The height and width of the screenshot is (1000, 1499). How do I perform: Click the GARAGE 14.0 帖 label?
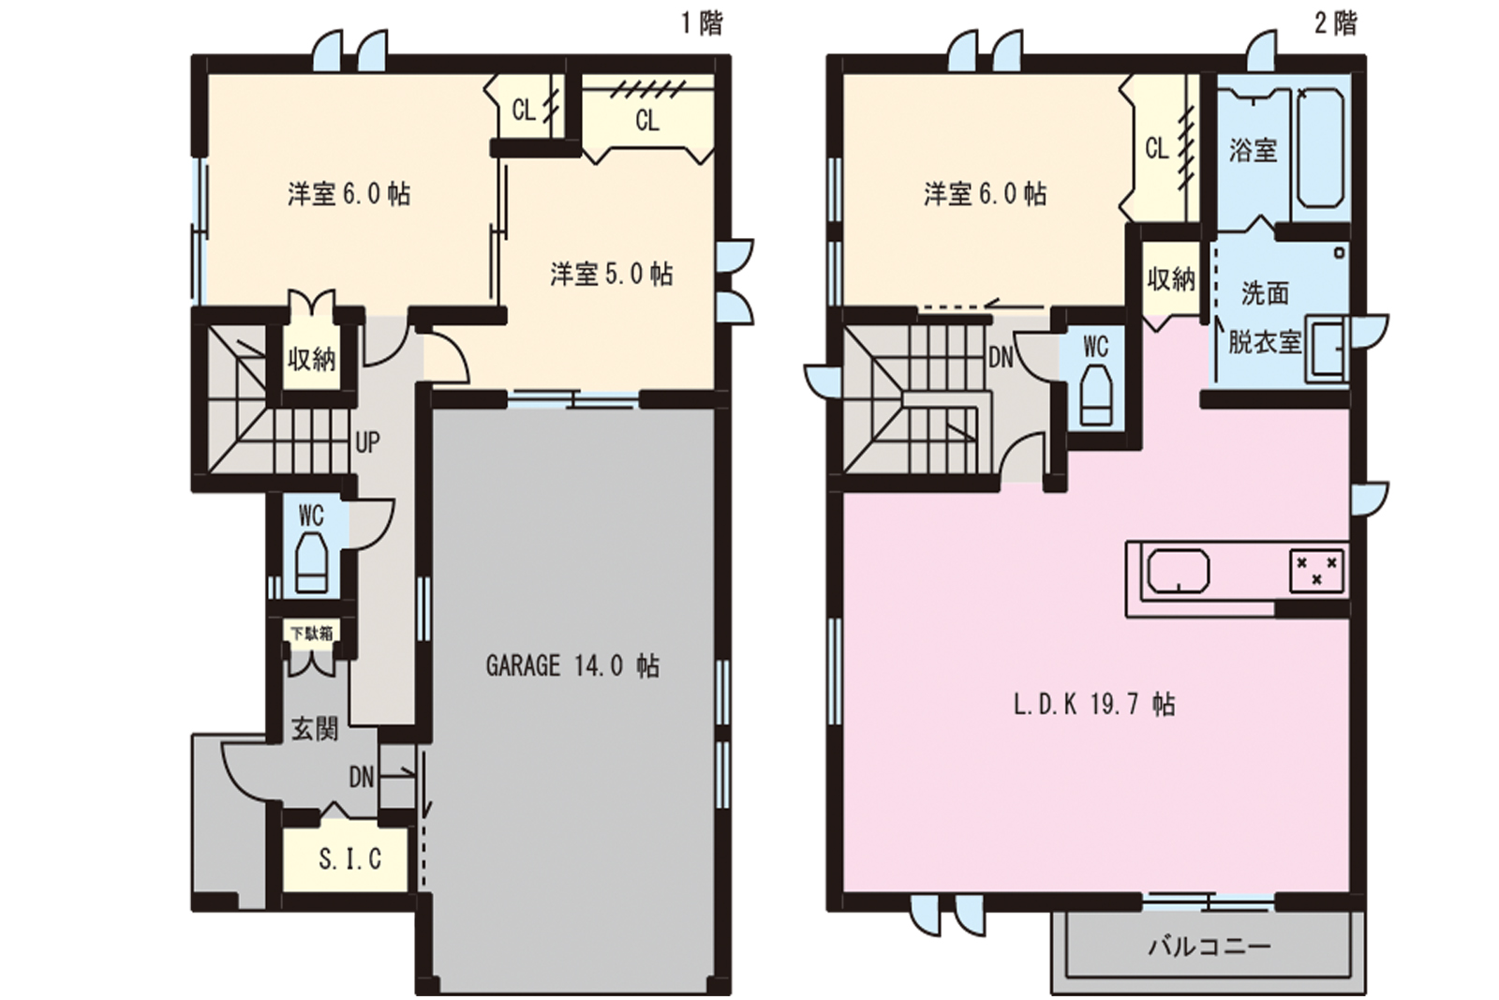pyautogui.click(x=572, y=666)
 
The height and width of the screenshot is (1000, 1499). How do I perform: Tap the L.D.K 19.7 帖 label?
pyautogui.click(x=1094, y=704)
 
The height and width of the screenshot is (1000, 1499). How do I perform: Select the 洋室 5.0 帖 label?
pyautogui.click(x=612, y=274)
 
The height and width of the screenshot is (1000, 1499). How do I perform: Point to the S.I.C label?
pyautogui.click(x=350, y=858)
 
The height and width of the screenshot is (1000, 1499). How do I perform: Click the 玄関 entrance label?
pyautogui.click(x=315, y=729)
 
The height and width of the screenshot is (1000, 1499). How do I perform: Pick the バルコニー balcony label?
pyautogui.click(x=1210, y=947)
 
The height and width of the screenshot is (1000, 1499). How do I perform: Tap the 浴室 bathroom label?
pyautogui.click(x=1253, y=150)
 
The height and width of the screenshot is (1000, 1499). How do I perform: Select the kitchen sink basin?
pyautogui.click(x=1179, y=571)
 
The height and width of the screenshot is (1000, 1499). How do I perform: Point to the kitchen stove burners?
pyautogui.click(x=1316, y=571)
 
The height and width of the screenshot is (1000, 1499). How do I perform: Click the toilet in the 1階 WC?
pyautogui.click(x=312, y=562)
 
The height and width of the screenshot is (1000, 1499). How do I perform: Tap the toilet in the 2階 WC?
pyautogui.click(x=1095, y=395)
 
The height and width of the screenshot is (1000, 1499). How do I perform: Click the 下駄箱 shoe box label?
pyautogui.click(x=311, y=633)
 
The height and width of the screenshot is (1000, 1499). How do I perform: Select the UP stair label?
pyautogui.click(x=367, y=441)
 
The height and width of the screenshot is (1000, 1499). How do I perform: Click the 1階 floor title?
pyautogui.click(x=702, y=24)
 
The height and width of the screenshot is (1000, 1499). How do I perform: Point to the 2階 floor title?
pyautogui.click(x=1336, y=24)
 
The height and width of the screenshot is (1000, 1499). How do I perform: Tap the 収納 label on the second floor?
pyautogui.click(x=1171, y=279)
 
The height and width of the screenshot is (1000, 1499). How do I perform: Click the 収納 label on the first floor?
pyautogui.click(x=312, y=360)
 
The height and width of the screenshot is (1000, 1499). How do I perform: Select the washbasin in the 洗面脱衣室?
pyautogui.click(x=1327, y=351)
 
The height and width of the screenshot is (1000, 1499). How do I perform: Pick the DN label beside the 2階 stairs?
pyautogui.click(x=1002, y=357)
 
